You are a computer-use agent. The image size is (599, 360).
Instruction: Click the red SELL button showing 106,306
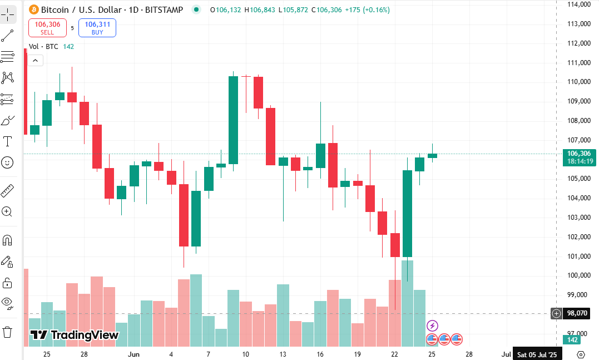point(47,28)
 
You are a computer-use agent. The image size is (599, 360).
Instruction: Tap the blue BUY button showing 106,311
point(97,28)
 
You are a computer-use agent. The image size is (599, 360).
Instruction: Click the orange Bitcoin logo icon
point(33,9)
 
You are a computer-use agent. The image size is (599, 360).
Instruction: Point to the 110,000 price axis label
point(579,81)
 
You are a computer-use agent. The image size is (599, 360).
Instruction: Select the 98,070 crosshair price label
point(577,313)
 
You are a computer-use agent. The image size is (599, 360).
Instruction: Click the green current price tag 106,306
point(578,157)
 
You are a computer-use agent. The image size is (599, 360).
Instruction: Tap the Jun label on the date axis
point(133,354)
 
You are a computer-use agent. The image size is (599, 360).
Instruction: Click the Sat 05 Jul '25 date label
point(537,354)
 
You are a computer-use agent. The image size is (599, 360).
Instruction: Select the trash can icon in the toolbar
point(7,332)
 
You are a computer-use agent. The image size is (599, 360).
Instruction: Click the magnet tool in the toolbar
point(7,240)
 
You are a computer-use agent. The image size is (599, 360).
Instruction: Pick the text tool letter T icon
point(7,141)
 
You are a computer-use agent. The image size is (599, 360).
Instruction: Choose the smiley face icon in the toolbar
point(7,162)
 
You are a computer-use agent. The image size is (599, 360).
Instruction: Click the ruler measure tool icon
point(7,191)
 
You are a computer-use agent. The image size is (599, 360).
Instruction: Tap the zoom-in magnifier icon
point(7,212)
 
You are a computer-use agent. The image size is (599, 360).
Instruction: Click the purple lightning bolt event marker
point(432,326)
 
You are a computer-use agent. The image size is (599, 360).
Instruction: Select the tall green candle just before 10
point(234,120)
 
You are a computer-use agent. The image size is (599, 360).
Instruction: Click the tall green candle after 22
point(407,214)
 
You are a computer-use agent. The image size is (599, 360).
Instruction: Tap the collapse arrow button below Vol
point(35,61)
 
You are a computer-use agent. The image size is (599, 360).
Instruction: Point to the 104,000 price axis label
point(579,198)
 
